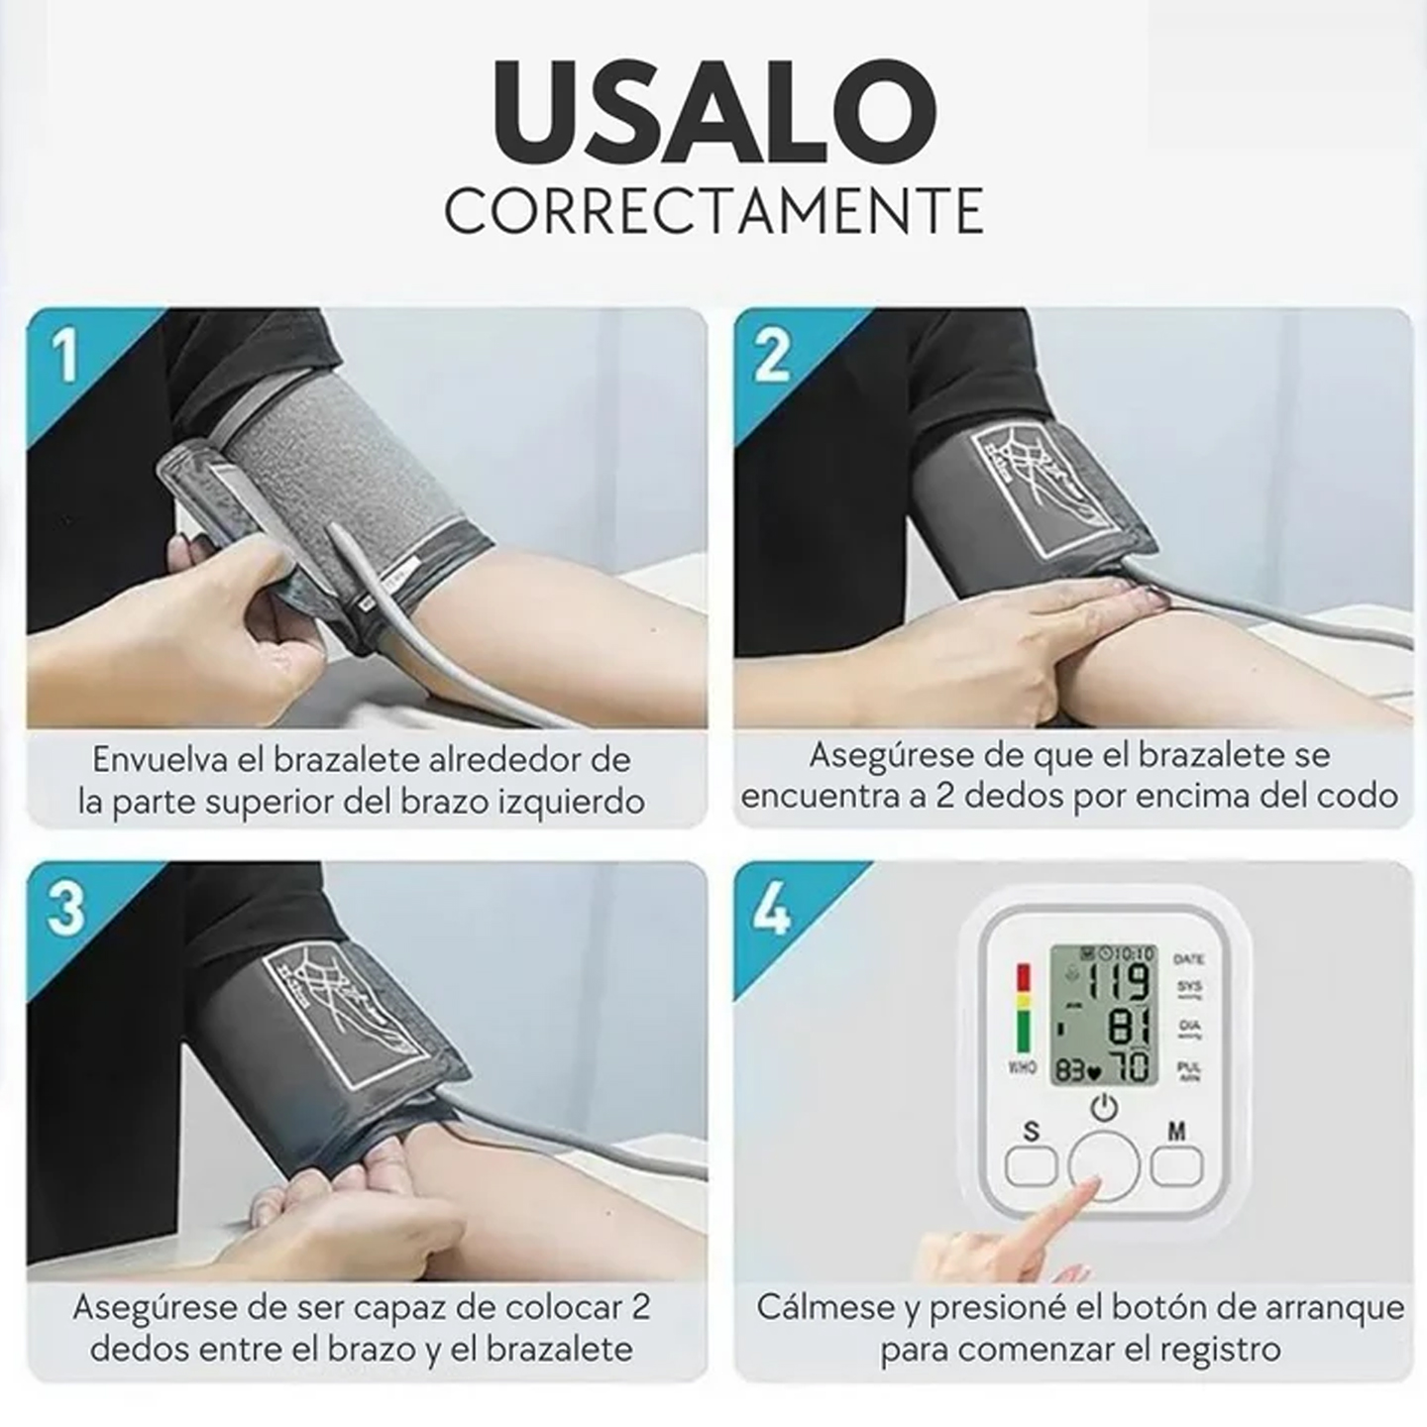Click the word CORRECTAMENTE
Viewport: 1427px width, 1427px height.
click(713, 209)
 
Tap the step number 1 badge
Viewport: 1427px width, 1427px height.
click(65, 355)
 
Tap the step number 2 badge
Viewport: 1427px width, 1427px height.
click(771, 355)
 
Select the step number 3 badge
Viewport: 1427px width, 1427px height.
click(65, 908)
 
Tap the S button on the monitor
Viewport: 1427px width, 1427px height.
click(1031, 1165)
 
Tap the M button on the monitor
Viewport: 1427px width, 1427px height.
click(1176, 1165)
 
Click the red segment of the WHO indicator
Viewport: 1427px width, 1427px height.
click(1023, 980)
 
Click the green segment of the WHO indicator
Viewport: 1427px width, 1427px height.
click(1023, 1033)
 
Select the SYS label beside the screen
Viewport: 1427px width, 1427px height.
click(1189, 987)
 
